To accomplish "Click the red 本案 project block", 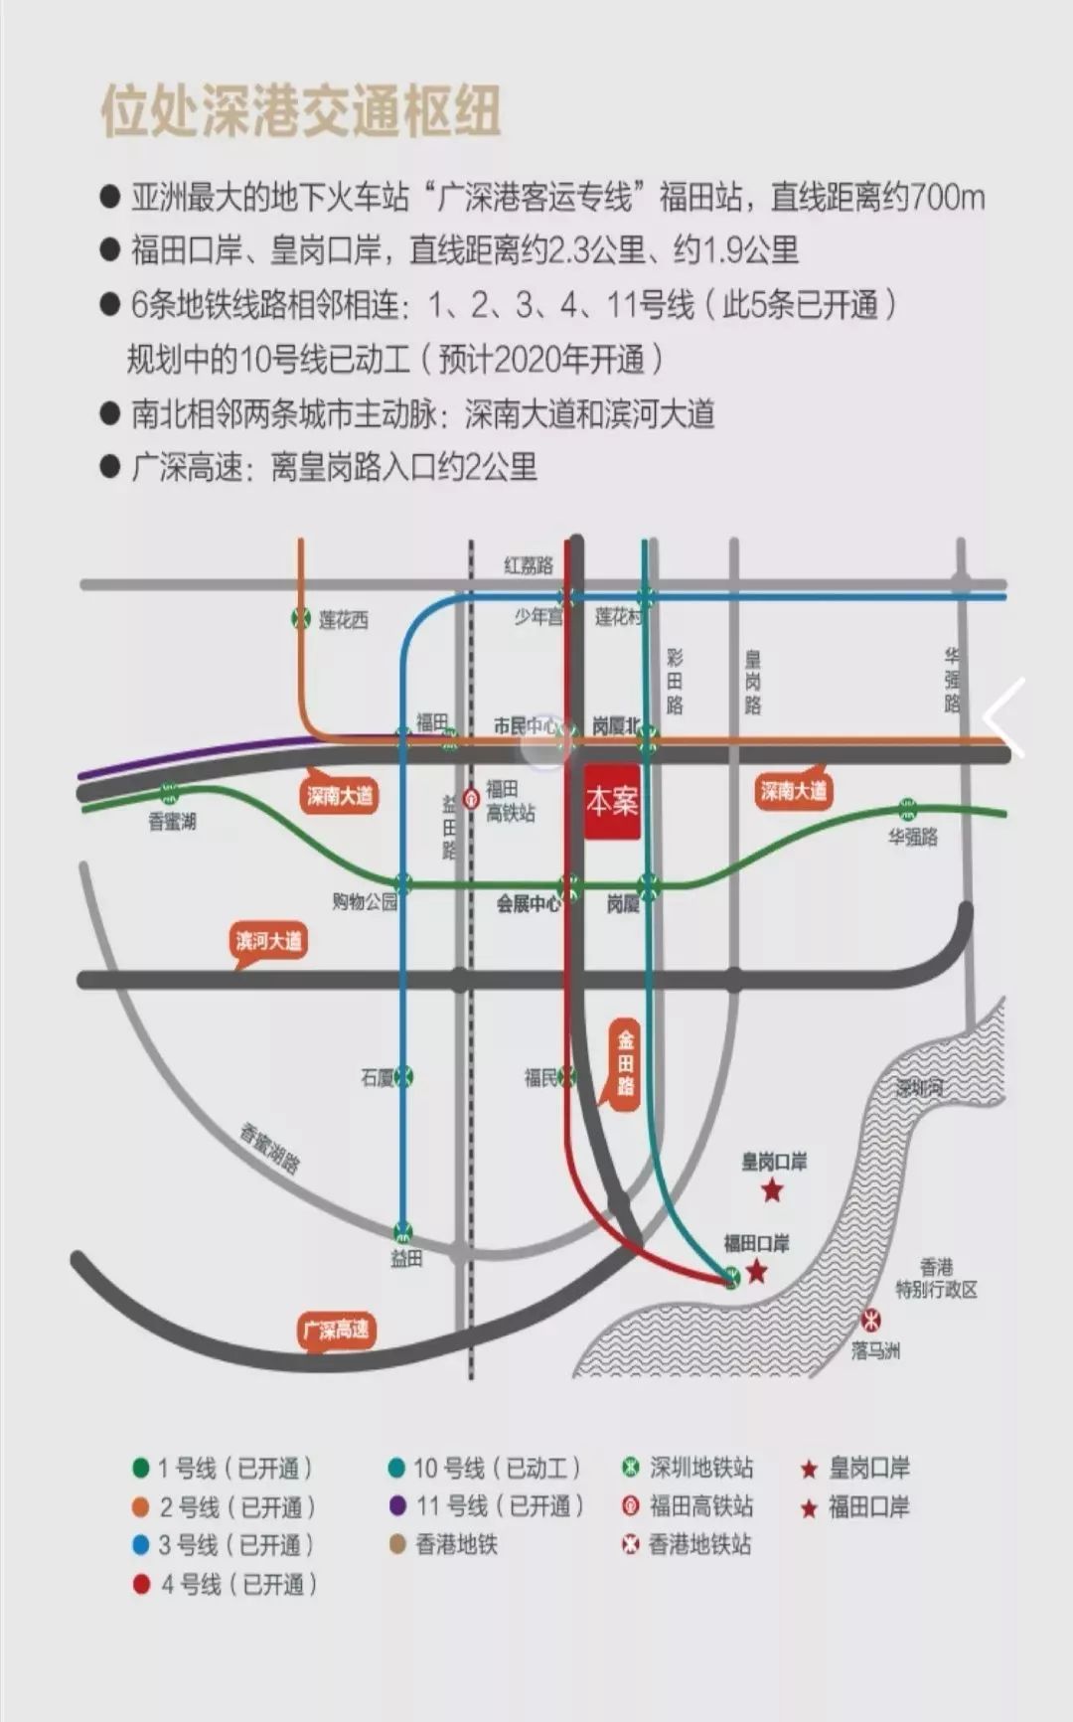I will (x=611, y=801).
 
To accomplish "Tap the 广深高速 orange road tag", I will (x=337, y=1330).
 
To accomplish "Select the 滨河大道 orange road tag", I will (x=268, y=941).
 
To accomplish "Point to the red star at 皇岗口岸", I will (x=772, y=1189).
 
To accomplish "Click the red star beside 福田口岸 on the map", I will (x=757, y=1271).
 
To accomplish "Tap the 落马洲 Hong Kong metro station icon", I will (x=871, y=1321).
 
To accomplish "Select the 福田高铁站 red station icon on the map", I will (x=471, y=796).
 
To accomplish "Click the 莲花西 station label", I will (x=343, y=620).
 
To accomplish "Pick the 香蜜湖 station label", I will (x=172, y=822).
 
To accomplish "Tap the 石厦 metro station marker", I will (x=403, y=1076).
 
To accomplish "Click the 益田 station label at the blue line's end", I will (x=405, y=1258).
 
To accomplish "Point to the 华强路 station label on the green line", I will (x=913, y=837).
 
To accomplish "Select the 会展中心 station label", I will (x=528, y=904).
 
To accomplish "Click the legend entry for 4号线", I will (x=227, y=1584).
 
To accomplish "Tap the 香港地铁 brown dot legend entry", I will (x=443, y=1545).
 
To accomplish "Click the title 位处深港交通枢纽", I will (x=300, y=110).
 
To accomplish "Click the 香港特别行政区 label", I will (x=936, y=1279).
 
